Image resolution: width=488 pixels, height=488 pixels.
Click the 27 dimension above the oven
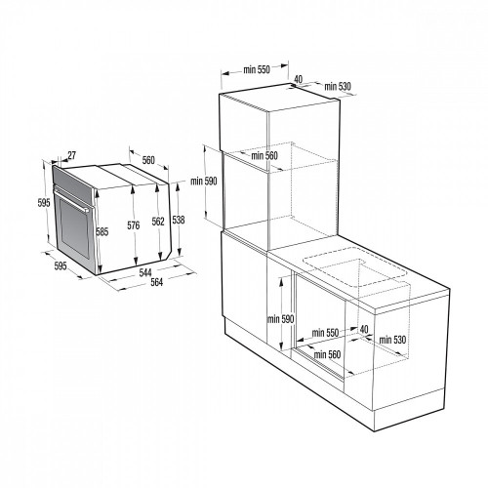point(73,154)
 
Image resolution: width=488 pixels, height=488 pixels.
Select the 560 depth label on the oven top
point(148,160)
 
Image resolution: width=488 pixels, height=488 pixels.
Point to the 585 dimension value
point(102,231)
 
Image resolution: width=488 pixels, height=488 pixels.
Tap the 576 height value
point(133,224)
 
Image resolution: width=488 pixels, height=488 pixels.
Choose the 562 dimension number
point(156,222)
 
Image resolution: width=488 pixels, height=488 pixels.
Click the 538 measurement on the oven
point(178,220)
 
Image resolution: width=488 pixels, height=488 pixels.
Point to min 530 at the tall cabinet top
point(338,87)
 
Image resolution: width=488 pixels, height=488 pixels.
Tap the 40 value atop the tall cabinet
point(298,79)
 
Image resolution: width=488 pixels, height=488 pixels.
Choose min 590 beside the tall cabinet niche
point(203,181)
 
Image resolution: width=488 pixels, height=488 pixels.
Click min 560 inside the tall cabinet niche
point(264,156)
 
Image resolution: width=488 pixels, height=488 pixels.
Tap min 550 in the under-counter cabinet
point(325,333)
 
